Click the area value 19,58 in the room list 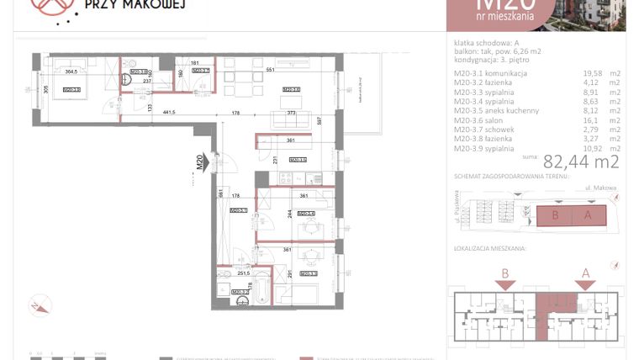(593, 73)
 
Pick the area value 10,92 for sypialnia (593, 149)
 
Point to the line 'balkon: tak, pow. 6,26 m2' (497, 51)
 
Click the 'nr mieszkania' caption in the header (505, 17)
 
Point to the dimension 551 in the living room (270, 71)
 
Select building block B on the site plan (556, 214)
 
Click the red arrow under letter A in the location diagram (584, 284)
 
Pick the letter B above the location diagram (504, 272)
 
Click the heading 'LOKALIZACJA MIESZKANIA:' (489, 250)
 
